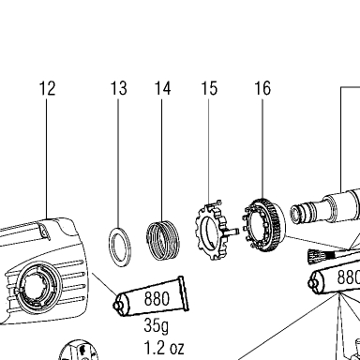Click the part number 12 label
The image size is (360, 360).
pyautogui.click(x=48, y=88)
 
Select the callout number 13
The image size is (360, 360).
pyautogui.click(x=119, y=88)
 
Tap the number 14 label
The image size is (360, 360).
pyautogui.click(x=163, y=88)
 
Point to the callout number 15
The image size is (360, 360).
pyautogui.click(x=209, y=88)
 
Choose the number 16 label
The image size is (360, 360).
pyautogui.click(x=262, y=88)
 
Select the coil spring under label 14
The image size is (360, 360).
pyautogui.click(x=162, y=240)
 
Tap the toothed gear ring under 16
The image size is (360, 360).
pyautogui.click(x=263, y=226)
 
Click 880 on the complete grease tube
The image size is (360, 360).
pyautogui.click(x=157, y=298)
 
